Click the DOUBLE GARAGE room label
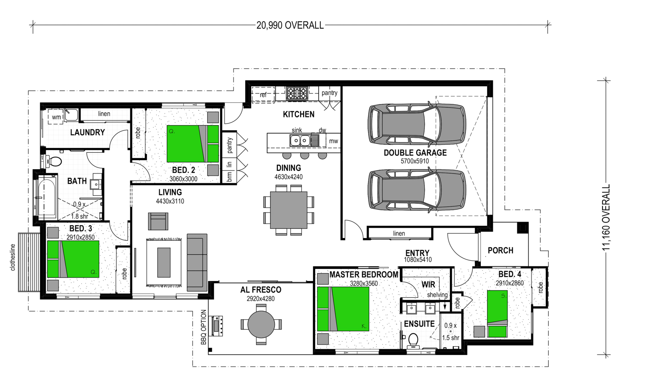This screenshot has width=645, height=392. click(x=415, y=153)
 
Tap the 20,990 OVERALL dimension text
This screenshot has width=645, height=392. click(x=290, y=26)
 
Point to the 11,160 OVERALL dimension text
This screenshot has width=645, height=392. click(x=606, y=217)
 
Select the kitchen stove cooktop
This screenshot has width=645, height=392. click(x=297, y=93)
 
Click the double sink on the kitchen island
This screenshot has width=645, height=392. click(x=300, y=141)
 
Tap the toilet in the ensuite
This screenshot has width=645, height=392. click(x=413, y=340)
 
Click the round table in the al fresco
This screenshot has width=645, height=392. click(x=261, y=324)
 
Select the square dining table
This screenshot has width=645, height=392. click(x=289, y=210)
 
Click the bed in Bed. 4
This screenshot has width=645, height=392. click(x=497, y=314)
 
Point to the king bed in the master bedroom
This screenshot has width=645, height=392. click(x=343, y=309)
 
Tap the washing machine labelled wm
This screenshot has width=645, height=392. click(x=56, y=117)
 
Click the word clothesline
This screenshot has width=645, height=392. click(x=12, y=257)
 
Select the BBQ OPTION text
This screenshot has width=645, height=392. click(x=203, y=327)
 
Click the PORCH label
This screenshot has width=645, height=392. click(x=501, y=250)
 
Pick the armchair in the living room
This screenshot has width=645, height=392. click(x=158, y=221)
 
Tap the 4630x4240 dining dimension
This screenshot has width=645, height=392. click(x=289, y=177)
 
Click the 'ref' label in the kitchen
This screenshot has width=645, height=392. click(x=263, y=95)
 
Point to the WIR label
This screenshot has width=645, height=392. click(x=428, y=284)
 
